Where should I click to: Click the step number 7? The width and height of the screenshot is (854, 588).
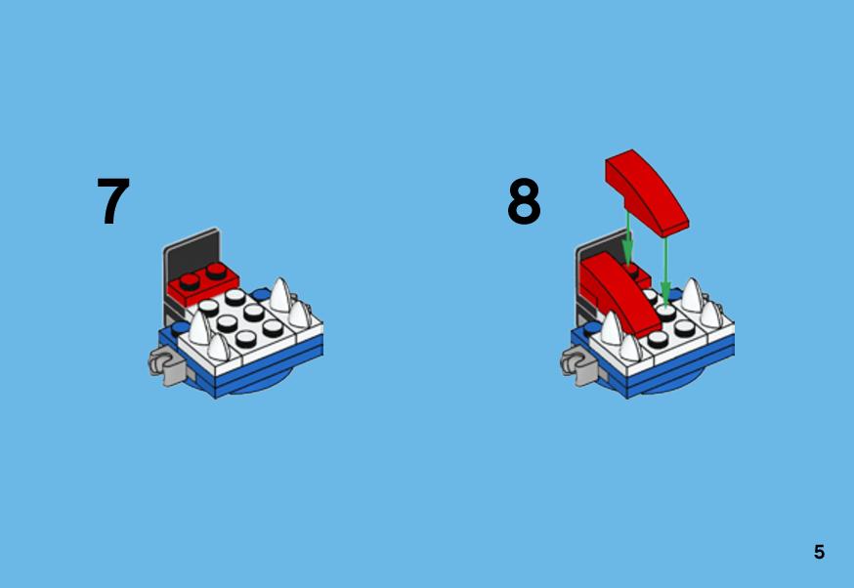[x=113, y=201]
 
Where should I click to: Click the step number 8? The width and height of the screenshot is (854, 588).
[x=524, y=201]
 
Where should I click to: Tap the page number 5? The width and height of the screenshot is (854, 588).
[x=819, y=552]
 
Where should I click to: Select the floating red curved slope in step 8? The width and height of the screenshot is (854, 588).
[x=647, y=192]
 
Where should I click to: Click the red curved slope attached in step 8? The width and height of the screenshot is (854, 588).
[x=620, y=295]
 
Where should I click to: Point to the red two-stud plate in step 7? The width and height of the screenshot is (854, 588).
[x=202, y=284]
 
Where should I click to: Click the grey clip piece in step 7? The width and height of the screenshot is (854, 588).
[x=166, y=367]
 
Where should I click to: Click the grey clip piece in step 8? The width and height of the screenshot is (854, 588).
[x=578, y=367]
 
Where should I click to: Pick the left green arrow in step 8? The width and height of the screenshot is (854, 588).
[x=627, y=238]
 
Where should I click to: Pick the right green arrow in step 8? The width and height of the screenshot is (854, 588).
[x=665, y=273]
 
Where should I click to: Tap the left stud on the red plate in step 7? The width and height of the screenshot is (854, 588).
[x=189, y=281]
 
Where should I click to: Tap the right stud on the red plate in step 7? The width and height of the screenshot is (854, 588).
[x=216, y=271]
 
